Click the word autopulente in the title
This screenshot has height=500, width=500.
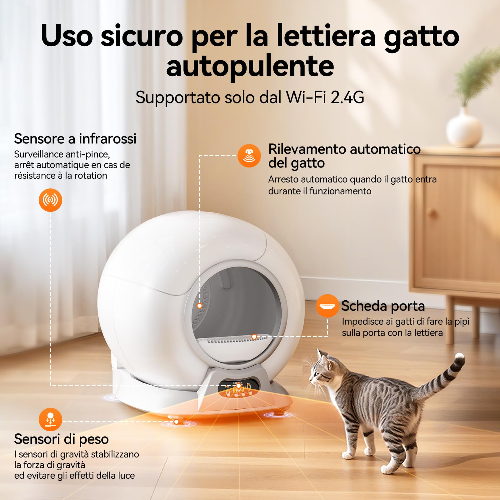click(x=250, y=66)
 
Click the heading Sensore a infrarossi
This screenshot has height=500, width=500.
click(x=75, y=139)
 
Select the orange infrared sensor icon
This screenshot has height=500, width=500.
click(x=50, y=200)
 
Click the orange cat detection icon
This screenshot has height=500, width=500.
click(x=249, y=155)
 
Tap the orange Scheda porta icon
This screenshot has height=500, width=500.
click(x=327, y=306)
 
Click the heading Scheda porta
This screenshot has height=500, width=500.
click(x=383, y=306)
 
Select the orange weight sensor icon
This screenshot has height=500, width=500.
click(x=50, y=419)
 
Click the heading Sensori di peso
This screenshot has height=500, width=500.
click(x=61, y=439)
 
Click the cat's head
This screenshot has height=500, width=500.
click(x=323, y=373)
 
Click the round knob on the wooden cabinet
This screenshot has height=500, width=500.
click(x=433, y=214)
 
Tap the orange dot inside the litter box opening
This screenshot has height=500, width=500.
click(x=199, y=306)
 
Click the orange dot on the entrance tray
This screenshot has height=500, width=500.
click(x=254, y=337)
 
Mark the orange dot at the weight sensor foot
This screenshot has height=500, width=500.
click(x=176, y=422)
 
